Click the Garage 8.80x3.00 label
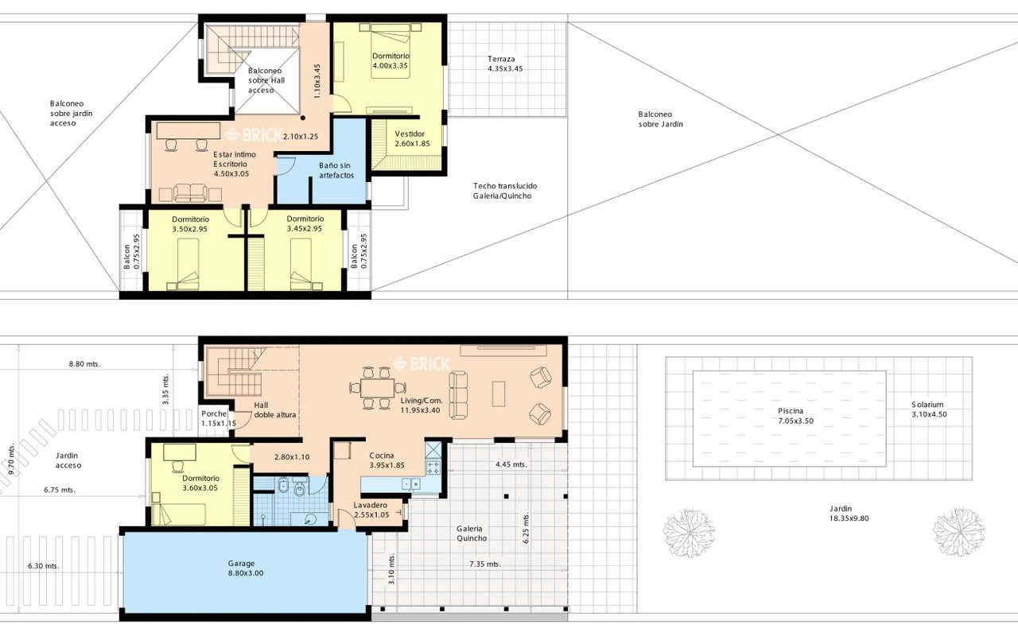tap(246, 568)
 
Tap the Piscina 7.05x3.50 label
tap(795, 416)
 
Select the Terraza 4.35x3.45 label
tap(505, 64)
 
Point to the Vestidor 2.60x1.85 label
tap(412, 139)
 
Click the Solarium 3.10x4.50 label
tap(929, 409)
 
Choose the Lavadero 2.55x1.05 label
tap(371, 510)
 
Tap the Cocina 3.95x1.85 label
tap(387, 460)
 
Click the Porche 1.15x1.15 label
tap(219, 418)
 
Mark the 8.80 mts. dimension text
tap(84, 364)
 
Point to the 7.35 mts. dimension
tap(485, 564)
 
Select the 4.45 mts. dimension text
tap(511, 464)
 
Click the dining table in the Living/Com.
tap(378, 388)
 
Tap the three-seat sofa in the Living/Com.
tap(458, 394)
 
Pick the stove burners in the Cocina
tap(433, 467)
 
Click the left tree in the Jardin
tap(689, 533)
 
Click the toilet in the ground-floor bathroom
tap(301, 487)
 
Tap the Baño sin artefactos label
tap(336, 170)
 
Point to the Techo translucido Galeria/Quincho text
tap(504, 191)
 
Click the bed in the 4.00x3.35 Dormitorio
tap(390, 52)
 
